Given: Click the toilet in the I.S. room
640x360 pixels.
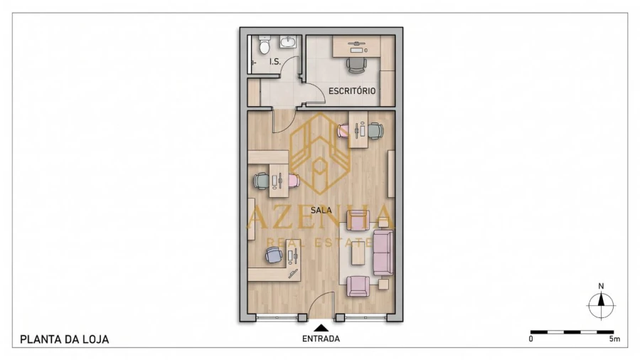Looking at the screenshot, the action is [x=265, y=45].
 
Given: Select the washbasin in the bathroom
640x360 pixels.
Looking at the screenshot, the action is [x=289, y=42].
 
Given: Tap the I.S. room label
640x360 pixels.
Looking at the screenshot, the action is [x=275, y=62].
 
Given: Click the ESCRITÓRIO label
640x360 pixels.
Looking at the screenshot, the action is [x=352, y=90].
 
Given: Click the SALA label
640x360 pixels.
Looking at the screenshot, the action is [x=321, y=211].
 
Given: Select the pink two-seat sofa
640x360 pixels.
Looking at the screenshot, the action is [x=383, y=253].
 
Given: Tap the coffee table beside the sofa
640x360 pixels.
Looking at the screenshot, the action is [x=358, y=253].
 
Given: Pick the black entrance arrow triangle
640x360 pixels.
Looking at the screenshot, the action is [x=321, y=328].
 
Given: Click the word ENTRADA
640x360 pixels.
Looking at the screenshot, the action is [x=321, y=339].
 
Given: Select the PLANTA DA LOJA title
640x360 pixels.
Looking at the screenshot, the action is [x=65, y=339].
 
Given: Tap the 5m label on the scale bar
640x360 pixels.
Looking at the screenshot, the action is [x=614, y=339].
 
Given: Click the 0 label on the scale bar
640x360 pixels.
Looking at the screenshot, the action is [x=530, y=339].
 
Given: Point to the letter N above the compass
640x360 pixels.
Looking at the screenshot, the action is [x=601, y=286].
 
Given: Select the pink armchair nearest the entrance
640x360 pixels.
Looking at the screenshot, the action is [x=358, y=286].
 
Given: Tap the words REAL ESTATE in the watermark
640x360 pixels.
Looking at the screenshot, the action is [x=319, y=243].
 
